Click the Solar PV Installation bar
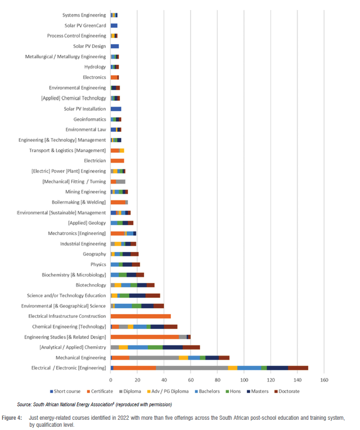[x=116, y=109]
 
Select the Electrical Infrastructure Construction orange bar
[x=141, y=316]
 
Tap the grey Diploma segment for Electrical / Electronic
[x=192, y=368]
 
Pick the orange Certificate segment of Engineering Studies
[x=144, y=337]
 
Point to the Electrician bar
[x=117, y=161]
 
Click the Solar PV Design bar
[x=115, y=47]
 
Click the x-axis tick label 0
[x=111, y=380]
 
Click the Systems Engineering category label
[x=84, y=15]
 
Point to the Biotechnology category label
[x=91, y=285]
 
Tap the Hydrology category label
[x=95, y=67]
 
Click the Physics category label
[x=98, y=264]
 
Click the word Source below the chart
[x=25, y=405]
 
